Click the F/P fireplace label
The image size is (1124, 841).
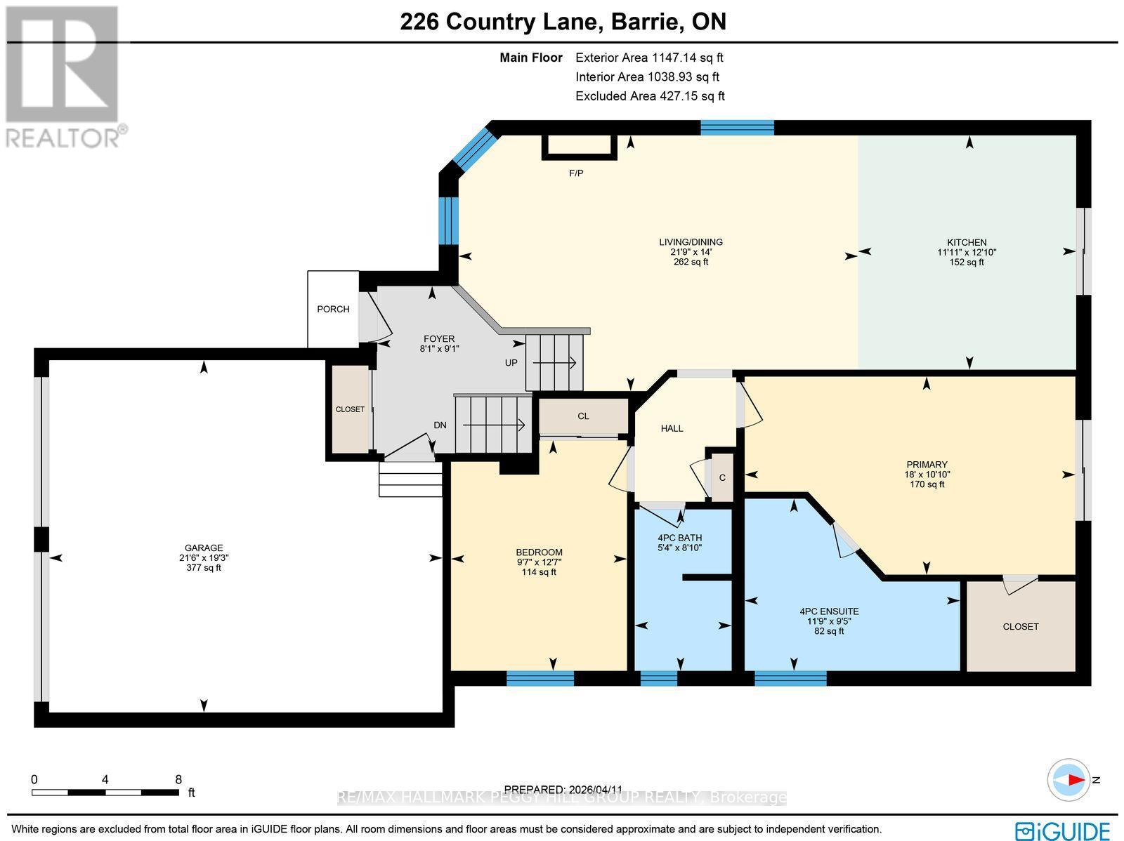coord(576,173)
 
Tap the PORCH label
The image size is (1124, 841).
coord(333,309)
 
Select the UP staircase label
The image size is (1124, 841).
coord(511,363)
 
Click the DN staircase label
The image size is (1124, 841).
coord(440,425)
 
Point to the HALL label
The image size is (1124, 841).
coord(672,428)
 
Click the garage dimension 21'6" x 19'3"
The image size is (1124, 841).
coord(204,558)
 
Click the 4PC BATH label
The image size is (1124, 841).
coord(679,538)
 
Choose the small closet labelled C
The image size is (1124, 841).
coord(722,478)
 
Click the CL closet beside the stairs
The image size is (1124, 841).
coord(583,416)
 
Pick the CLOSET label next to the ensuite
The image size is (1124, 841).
coord(1021,626)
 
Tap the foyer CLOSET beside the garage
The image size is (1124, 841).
coord(350,409)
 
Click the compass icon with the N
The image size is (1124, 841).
coord(1069,780)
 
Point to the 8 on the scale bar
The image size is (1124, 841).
coord(178,779)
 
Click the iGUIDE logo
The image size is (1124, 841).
coord(1065,830)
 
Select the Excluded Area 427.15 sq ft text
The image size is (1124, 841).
coord(650,95)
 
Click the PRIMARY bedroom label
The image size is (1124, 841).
coord(927,464)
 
